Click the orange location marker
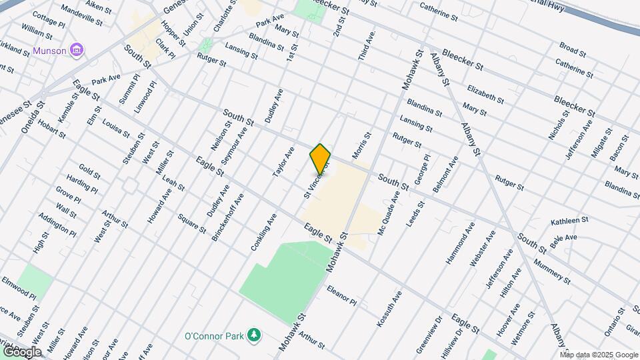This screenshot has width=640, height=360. pyautogui.click(x=321, y=159)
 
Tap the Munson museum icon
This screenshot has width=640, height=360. pyautogui.click(x=77, y=49)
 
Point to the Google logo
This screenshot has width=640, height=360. pyautogui.click(x=21, y=351)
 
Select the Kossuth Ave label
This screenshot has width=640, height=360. pyautogui.click(x=389, y=309)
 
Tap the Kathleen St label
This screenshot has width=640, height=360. pyautogui.click(x=569, y=220)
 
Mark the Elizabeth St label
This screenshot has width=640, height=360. pyautogui.click(x=485, y=94)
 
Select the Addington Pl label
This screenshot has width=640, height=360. pyautogui.click(x=57, y=225)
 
